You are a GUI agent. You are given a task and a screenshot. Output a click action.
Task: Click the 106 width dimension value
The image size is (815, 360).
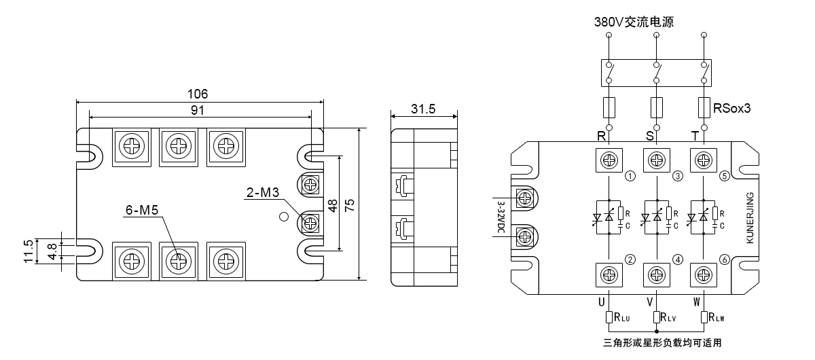[x=197, y=94]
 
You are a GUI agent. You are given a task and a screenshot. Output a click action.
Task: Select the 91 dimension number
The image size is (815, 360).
[x=197, y=110]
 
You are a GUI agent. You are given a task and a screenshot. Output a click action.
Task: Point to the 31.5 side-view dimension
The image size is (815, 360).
[x=423, y=109]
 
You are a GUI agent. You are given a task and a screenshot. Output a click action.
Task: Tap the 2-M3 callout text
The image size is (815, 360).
[x=263, y=192]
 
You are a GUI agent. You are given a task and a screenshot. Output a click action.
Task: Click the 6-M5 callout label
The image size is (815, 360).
[x=142, y=210]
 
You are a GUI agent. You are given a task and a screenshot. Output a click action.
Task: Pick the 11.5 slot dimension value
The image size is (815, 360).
[x=29, y=251]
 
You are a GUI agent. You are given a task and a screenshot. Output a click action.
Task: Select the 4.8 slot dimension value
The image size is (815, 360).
[x=52, y=251]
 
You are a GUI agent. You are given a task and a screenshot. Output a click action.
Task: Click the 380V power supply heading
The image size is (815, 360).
[x=634, y=22]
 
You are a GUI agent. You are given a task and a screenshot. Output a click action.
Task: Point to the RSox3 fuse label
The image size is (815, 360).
[x=731, y=108]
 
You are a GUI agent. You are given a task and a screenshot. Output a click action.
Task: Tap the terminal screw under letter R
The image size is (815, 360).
[x=609, y=160]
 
